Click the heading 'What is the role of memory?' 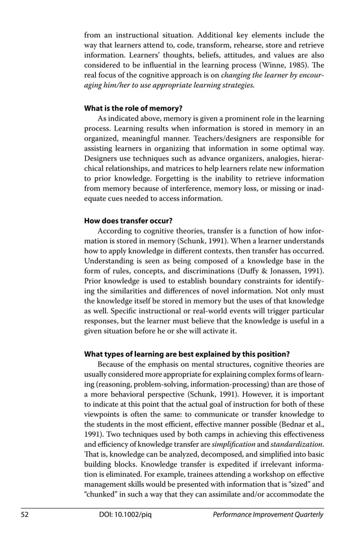[x=133, y=108]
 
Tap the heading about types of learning [x=187, y=354]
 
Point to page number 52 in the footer [x=26, y=515]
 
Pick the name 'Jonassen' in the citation [x=289, y=276]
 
